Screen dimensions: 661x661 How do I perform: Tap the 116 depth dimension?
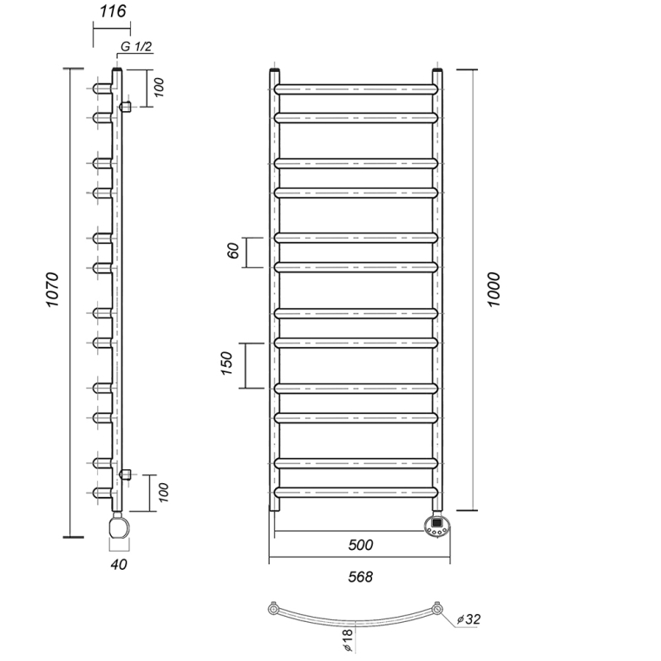point(114,11)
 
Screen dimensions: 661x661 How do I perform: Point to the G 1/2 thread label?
point(136,47)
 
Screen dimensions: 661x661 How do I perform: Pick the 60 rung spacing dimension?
point(232,252)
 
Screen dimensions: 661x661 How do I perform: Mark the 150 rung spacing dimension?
point(226,364)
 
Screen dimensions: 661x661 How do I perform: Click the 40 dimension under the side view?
point(120,565)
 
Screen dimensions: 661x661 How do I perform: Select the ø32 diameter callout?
point(469,619)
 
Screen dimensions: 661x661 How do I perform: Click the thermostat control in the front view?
point(437,526)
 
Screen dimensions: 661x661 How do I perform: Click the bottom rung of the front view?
point(356,492)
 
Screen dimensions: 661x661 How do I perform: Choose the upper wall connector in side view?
point(127,107)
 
